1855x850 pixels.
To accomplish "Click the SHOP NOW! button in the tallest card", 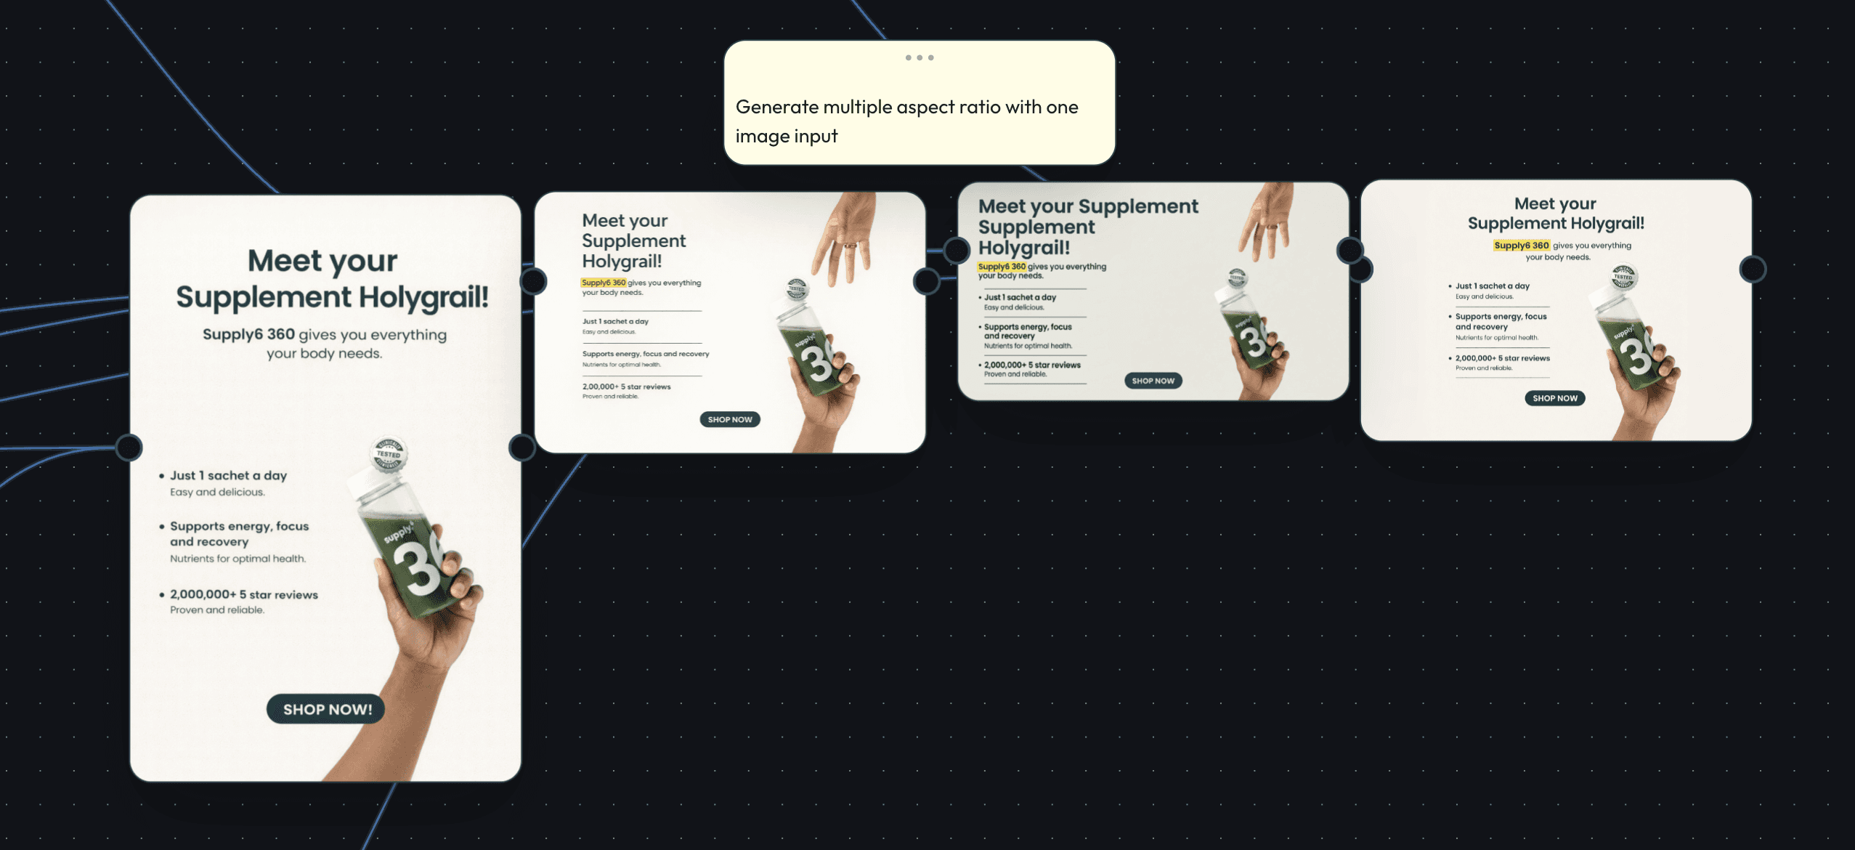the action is tap(326, 709).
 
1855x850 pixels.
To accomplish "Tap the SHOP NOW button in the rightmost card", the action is tap(1554, 398).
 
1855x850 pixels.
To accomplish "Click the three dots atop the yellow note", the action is tap(919, 57).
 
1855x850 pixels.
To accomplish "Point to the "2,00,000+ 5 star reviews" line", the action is tap(626, 386).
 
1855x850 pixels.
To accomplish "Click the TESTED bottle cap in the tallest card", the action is tap(389, 454).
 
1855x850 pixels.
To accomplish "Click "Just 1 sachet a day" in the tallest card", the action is tap(228, 476).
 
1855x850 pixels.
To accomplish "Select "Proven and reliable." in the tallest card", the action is tap(217, 610).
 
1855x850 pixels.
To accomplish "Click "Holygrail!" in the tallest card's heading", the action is tap(423, 297).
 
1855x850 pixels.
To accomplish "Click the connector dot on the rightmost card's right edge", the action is tap(1753, 270).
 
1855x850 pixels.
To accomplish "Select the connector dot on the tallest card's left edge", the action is tap(129, 448).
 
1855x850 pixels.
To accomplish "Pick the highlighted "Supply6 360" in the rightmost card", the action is tap(1521, 246).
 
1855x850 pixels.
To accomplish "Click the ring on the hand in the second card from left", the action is tap(849, 246).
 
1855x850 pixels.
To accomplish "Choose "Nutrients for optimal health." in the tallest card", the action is tap(238, 559).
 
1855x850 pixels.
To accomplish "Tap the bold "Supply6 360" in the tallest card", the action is tap(248, 334).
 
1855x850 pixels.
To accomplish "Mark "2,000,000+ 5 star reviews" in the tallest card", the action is tap(244, 595).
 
